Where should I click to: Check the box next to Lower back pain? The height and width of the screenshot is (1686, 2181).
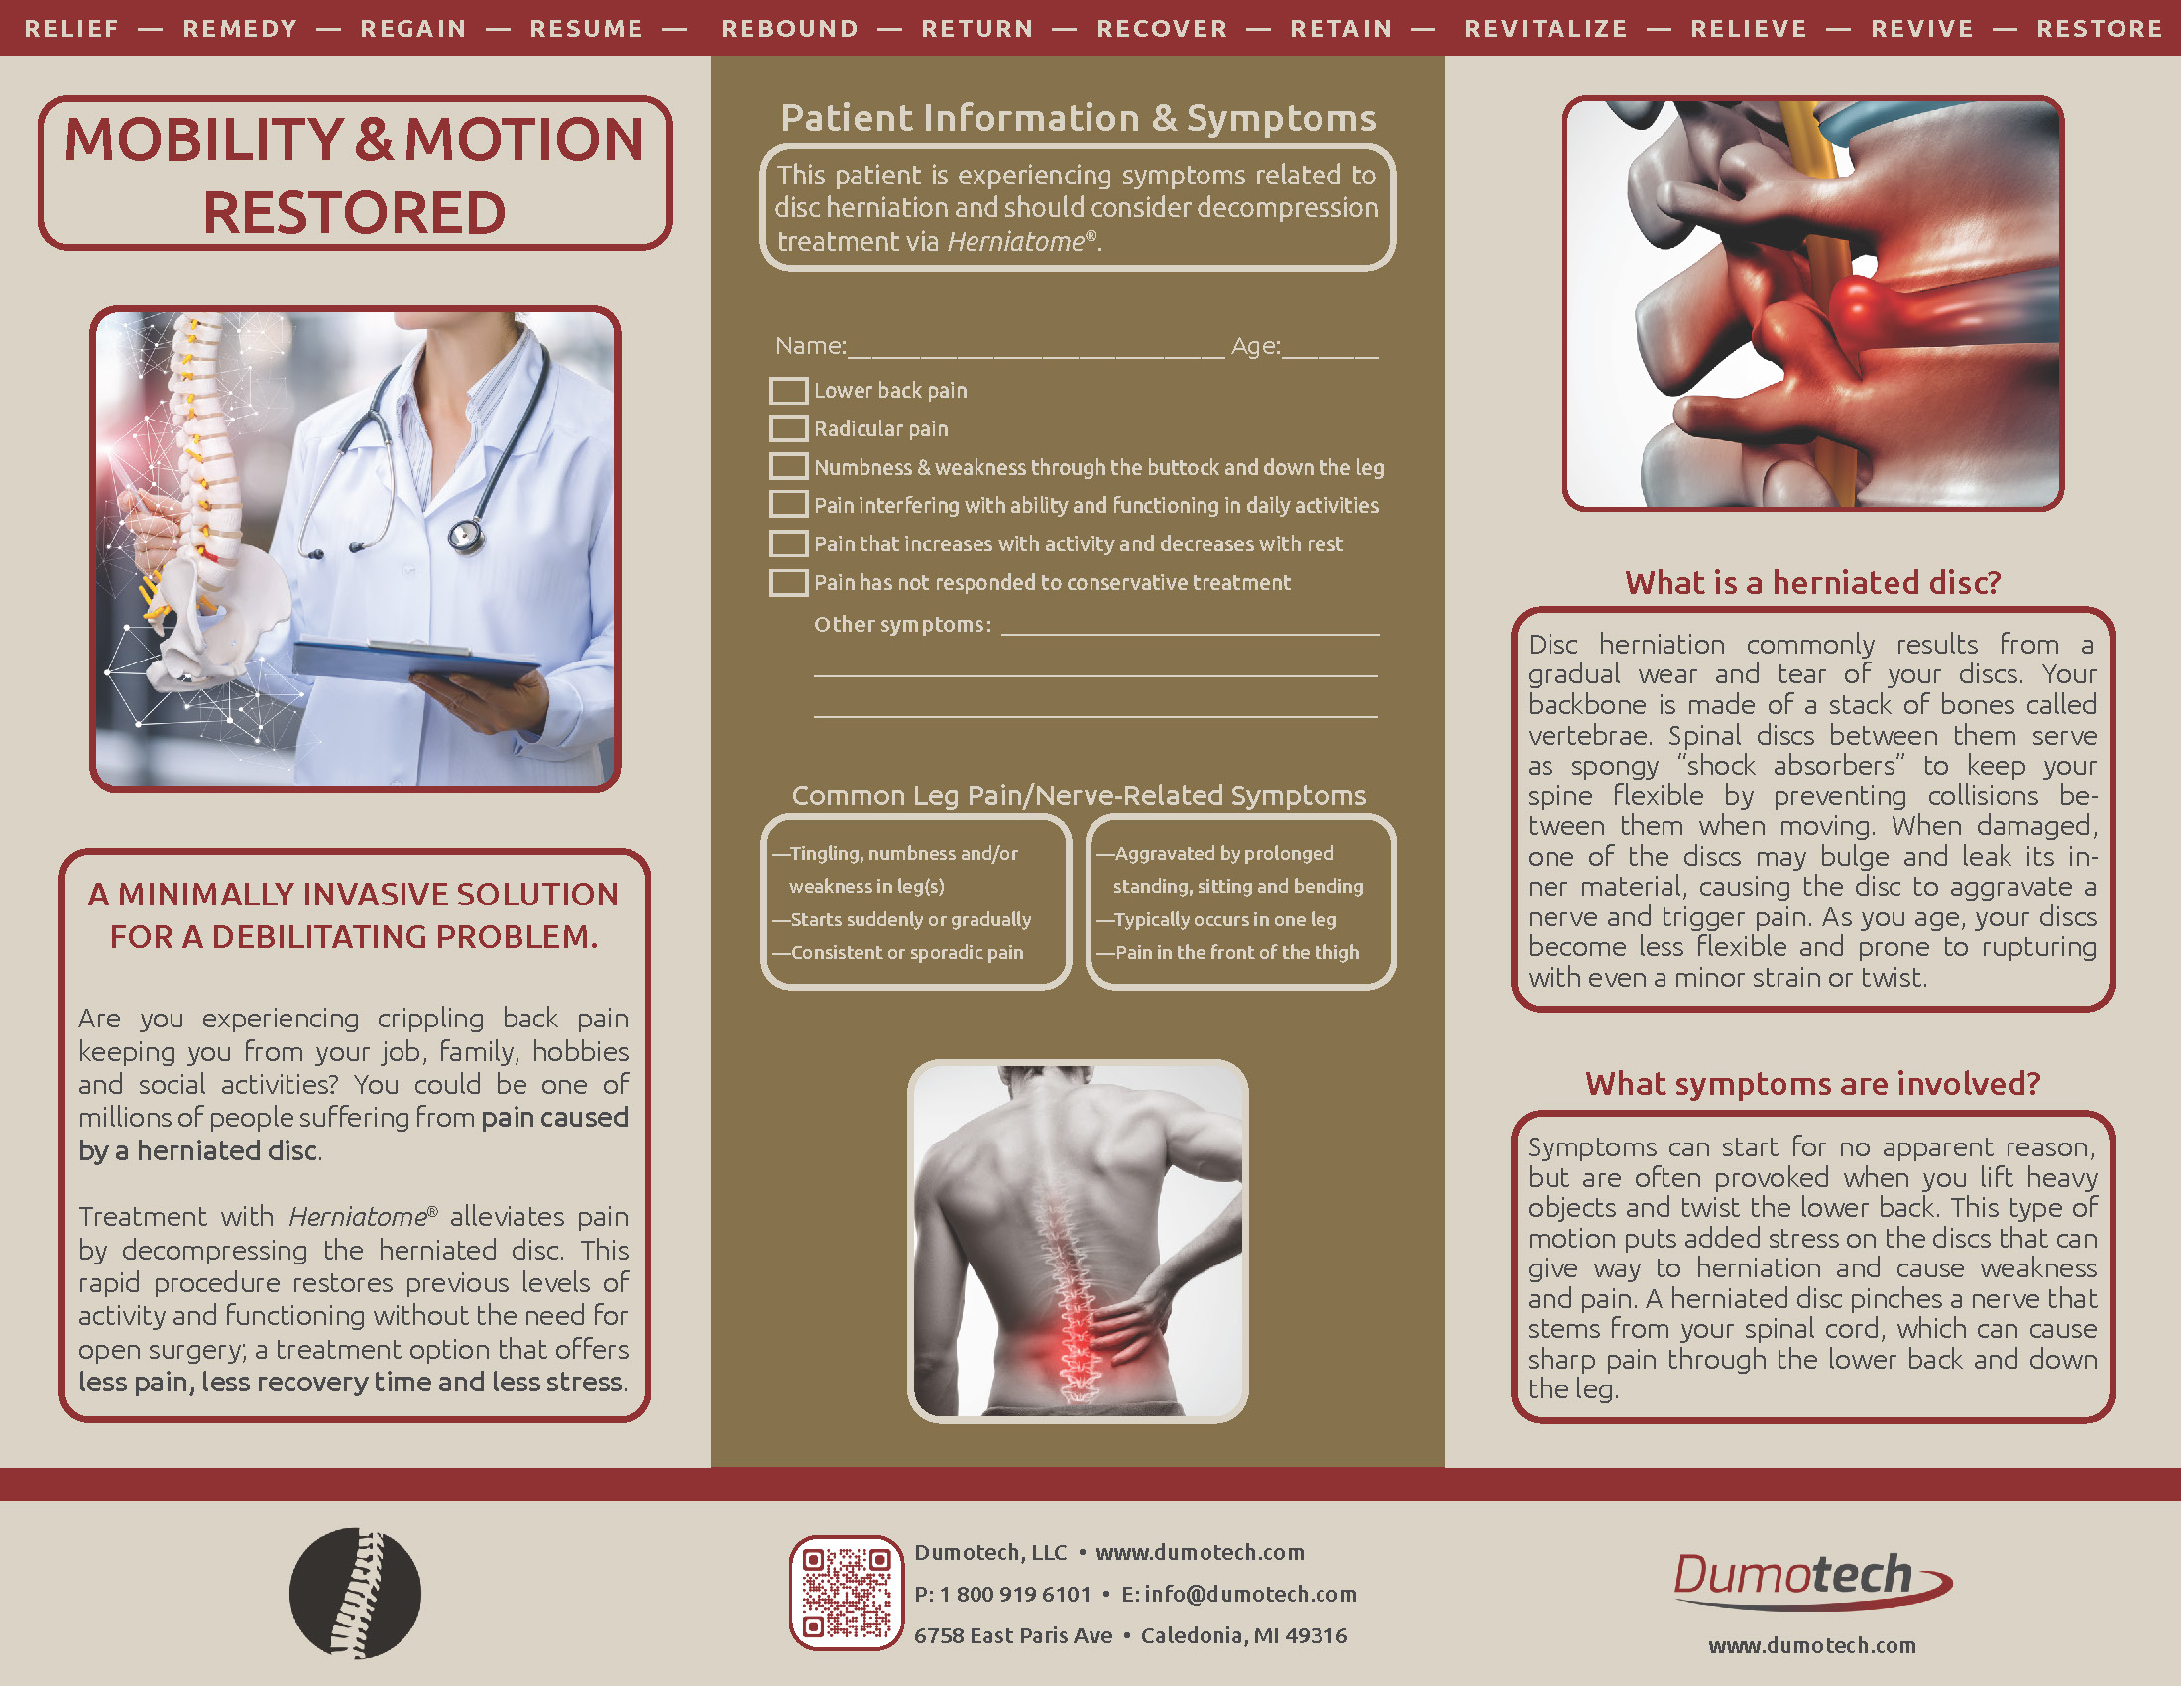pos(788,391)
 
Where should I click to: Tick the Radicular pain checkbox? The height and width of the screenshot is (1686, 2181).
pos(788,428)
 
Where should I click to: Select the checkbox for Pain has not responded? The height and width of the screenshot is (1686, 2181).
pos(788,582)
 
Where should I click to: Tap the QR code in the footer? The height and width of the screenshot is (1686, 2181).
pos(846,1592)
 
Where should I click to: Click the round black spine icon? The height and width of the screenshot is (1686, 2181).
pos(355,1593)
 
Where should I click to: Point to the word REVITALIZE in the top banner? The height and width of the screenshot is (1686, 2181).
pos(1546,28)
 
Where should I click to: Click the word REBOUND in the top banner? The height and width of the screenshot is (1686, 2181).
pos(789,28)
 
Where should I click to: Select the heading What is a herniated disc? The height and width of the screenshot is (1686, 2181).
pos(1812,582)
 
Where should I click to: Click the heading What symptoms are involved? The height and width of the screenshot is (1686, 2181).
pos(1812,1084)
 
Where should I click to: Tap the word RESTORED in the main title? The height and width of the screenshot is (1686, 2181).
pos(355,213)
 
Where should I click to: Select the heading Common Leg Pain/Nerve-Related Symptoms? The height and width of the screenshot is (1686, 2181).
pos(1079,795)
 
